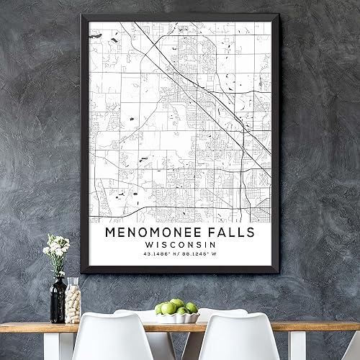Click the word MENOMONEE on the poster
click(x=148, y=233)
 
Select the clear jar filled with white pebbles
click(x=73, y=301)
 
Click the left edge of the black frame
click(x=84, y=144)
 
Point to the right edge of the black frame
click(x=274, y=144)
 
